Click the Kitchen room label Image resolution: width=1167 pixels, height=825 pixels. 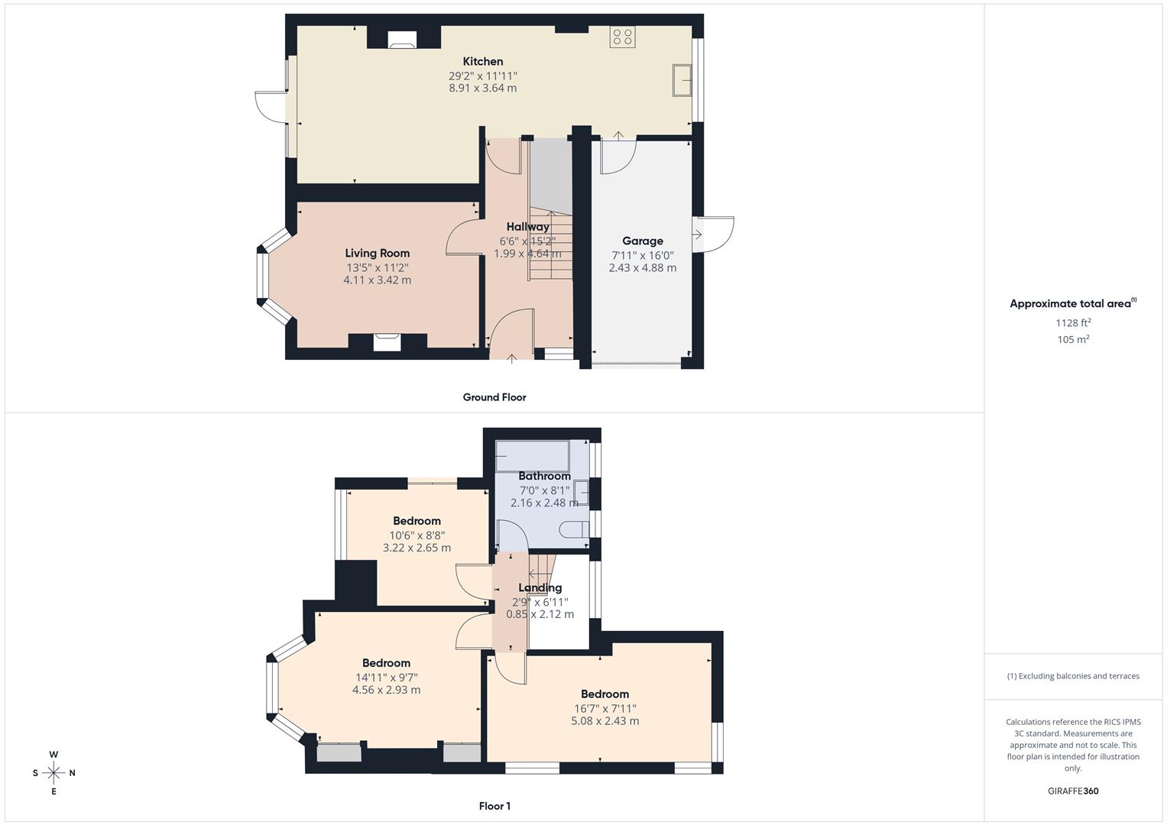483,62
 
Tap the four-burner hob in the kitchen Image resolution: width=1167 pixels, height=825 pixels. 622,37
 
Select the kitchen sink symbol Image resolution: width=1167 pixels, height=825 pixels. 682,80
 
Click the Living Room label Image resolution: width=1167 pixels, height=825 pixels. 377,254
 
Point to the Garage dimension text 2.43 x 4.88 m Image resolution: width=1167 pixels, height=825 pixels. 642,268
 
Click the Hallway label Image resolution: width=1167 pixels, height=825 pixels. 527,227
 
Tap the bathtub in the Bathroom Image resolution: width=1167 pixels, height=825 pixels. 532,455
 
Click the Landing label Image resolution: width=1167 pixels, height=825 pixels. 540,588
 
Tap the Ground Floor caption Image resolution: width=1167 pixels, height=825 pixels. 494,397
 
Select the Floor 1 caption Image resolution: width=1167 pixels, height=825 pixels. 494,806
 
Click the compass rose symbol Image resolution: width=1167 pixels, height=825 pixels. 53,773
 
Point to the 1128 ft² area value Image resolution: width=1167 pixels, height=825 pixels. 1073,323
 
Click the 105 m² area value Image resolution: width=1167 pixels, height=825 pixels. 1073,340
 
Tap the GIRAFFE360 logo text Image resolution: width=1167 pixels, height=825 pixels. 1073,791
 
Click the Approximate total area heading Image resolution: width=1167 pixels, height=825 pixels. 1072,304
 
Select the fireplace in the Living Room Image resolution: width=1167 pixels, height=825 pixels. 387,341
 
